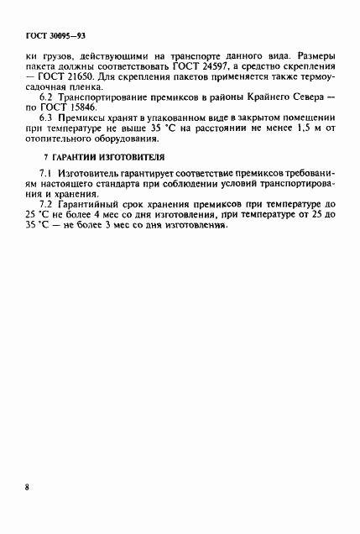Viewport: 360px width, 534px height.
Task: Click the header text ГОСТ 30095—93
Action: [x=51, y=38]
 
